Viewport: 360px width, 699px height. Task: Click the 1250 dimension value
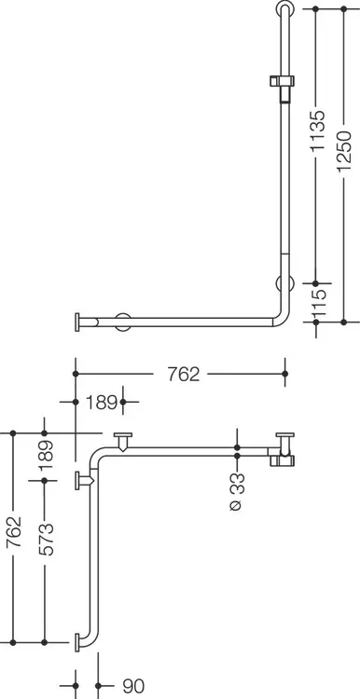tap(344, 150)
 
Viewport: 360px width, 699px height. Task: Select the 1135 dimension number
tap(318, 130)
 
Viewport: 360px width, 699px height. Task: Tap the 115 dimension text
tap(318, 302)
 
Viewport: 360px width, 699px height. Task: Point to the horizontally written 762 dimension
tap(184, 375)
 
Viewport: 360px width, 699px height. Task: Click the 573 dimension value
tap(46, 539)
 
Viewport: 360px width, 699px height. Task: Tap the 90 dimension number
tap(133, 687)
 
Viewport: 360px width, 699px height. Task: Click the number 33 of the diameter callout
tap(238, 484)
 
